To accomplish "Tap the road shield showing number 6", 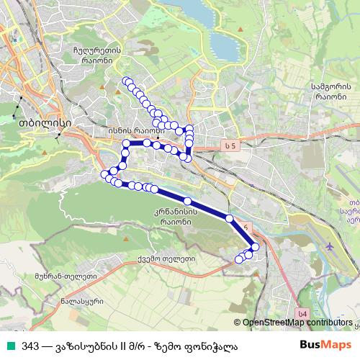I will point(248,228).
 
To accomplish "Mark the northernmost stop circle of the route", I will point(126,81).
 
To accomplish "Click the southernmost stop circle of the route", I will point(239,259).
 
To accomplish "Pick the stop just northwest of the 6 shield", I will point(230,217).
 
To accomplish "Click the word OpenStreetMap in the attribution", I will point(273,323).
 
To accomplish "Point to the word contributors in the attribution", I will point(329,323).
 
